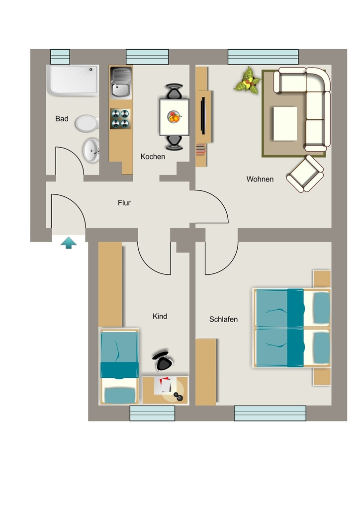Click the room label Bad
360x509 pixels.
[62, 119]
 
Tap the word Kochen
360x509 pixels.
[153, 157]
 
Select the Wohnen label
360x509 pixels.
[260, 179]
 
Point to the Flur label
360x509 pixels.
[124, 203]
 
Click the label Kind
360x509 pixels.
[160, 316]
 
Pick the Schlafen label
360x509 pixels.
[223, 320]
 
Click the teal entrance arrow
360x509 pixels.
[69, 243]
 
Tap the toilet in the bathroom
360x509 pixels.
[87, 124]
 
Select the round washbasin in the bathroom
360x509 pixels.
[91, 150]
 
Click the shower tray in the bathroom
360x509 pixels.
[73, 81]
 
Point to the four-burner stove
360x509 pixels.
[120, 119]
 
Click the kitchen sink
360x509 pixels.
[121, 83]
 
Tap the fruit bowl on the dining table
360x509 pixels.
[174, 117]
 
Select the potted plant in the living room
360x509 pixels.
[248, 81]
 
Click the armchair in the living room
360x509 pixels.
[305, 174]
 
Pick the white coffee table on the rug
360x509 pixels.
[285, 124]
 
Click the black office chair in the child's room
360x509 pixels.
[163, 361]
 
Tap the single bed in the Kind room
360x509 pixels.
[119, 366]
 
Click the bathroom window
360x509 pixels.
[60, 57]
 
